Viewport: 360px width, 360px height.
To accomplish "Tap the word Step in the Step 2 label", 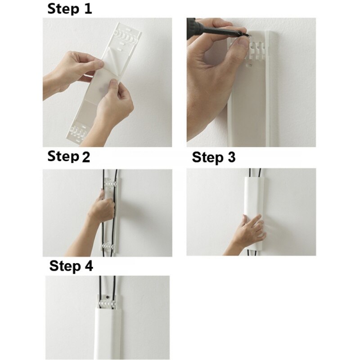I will [63, 157].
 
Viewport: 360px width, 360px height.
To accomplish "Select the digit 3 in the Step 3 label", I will [230, 158].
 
